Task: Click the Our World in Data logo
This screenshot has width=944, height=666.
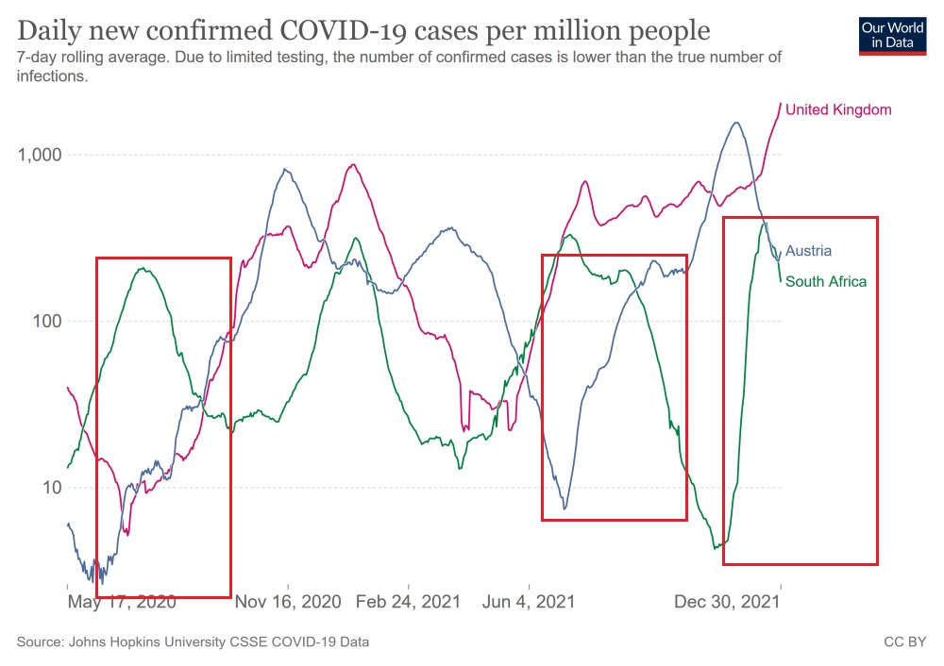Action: pos(891,34)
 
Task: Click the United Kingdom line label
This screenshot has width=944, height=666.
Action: pos(838,110)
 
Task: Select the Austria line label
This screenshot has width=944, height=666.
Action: pos(808,251)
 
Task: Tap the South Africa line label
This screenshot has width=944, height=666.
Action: pos(825,281)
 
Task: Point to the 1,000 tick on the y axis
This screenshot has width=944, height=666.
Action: pos(39,155)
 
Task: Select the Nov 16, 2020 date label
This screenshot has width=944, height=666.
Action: pos(287,601)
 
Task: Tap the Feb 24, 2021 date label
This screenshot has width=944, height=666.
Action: pos(409,601)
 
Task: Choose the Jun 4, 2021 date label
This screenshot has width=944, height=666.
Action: pos(530,601)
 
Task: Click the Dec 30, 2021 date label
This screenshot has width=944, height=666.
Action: pos(727,601)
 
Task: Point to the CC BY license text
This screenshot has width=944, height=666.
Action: pos(904,642)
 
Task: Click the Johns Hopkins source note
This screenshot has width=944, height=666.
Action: pos(193,642)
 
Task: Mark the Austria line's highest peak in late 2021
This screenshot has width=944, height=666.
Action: pos(736,122)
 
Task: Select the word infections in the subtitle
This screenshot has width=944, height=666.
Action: pos(52,76)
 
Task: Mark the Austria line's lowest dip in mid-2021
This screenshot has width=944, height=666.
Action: pos(565,509)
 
